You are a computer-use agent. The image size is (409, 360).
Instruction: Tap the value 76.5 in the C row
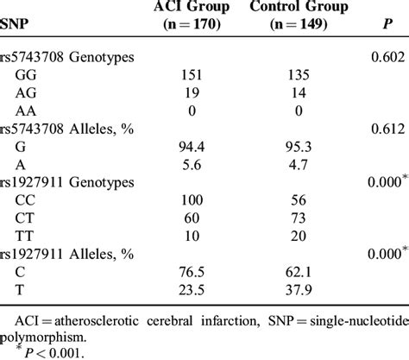pyautogui.click(x=192, y=281)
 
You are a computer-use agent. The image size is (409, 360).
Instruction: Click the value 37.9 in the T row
pyautogui.click(x=295, y=300)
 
